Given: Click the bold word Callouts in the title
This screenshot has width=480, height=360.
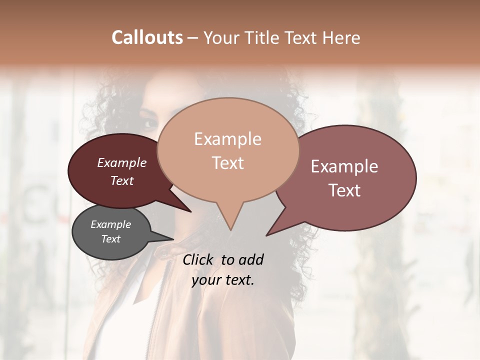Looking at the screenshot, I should coord(147,37).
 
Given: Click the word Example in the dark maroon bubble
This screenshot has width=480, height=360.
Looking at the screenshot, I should coord(122,162).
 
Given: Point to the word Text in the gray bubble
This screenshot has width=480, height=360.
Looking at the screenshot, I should coord(111,239).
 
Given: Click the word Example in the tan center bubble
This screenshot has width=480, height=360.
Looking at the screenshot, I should coord(227,139).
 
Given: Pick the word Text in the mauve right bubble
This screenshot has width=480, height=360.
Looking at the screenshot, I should coord(344,190).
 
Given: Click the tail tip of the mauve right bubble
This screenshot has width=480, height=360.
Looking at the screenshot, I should coord(267,235).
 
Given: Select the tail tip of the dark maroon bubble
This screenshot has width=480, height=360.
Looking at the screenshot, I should coord(190,211).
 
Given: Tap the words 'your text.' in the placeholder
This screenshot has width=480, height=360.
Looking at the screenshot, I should coord(223,280).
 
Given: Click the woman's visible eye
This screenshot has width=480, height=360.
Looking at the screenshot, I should coord(149,122).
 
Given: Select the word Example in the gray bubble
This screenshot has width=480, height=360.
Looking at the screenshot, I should coord(111,224).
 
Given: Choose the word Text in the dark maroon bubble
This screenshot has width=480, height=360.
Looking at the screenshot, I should coord(122,180).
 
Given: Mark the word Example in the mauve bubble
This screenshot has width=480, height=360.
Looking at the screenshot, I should coord(344,166).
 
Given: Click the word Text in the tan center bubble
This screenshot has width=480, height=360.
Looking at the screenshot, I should coord(227,163).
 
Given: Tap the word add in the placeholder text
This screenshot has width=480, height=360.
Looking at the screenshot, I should coord(251,259).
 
